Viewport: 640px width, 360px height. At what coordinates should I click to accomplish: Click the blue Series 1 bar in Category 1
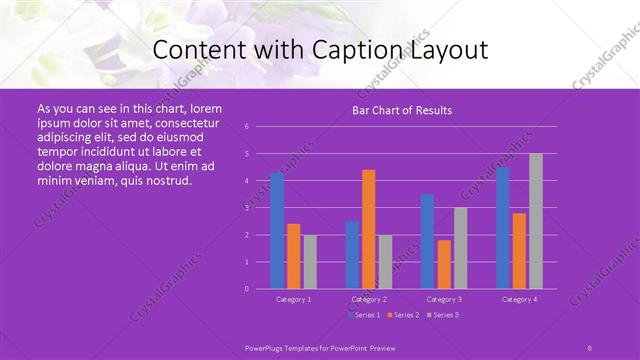[277, 230]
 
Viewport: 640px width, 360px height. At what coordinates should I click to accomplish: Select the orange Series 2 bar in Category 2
[369, 229]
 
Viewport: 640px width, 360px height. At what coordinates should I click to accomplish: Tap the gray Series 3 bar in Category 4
[536, 221]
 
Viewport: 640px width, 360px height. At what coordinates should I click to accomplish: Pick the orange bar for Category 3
[444, 264]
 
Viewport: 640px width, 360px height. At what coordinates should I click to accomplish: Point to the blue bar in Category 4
[503, 227]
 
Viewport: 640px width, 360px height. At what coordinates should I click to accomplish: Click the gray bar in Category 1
[310, 261]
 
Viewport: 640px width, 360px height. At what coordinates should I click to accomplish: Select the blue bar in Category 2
[352, 254]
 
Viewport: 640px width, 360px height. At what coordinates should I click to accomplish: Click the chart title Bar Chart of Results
[402, 110]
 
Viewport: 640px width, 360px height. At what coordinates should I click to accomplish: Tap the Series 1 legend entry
[365, 315]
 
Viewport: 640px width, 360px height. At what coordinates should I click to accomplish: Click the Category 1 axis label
[294, 299]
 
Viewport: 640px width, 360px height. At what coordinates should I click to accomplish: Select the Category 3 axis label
[443, 299]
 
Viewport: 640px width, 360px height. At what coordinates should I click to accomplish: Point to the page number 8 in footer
[589, 347]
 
